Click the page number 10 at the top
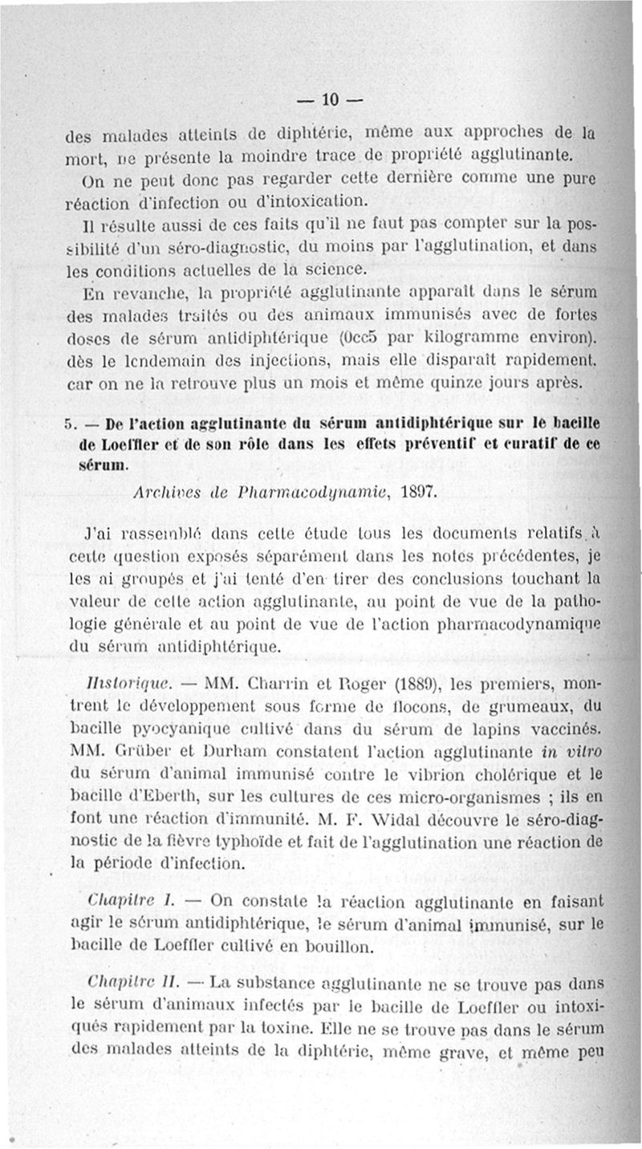[x=331, y=100]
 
